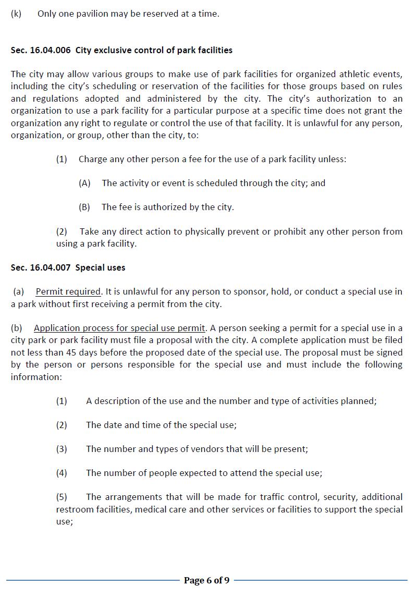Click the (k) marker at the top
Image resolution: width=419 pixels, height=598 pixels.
click(x=16, y=14)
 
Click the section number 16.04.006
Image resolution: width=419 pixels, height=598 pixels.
click(x=51, y=51)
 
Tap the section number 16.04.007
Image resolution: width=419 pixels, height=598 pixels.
click(x=51, y=267)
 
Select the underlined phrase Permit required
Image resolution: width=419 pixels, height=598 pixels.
click(x=68, y=292)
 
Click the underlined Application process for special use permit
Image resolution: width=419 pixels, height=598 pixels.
click(x=119, y=328)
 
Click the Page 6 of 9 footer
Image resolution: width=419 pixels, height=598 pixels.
click(x=206, y=580)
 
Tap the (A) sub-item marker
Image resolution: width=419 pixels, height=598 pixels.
click(x=84, y=183)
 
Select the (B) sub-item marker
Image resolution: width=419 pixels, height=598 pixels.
click(x=84, y=207)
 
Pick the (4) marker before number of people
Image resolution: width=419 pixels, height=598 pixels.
click(x=61, y=473)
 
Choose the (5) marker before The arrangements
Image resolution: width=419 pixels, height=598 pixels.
click(x=61, y=497)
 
